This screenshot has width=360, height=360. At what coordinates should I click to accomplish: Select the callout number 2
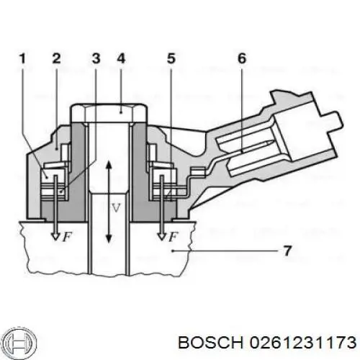[x=55, y=60]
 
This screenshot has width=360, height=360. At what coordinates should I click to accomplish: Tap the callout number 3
[x=96, y=60]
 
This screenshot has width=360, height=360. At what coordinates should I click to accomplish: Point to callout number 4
[x=120, y=60]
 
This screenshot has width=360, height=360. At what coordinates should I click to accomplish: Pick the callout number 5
[x=171, y=60]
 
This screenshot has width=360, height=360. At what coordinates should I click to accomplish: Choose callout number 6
[x=241, y=60]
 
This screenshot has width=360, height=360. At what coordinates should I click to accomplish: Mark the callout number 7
[x=287, y=251]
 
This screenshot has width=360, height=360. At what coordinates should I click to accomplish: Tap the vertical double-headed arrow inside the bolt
[x=107, y=202]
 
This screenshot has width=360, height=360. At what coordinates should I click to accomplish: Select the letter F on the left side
[x=66, y=237]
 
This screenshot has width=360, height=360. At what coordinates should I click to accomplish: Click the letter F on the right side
[x=176, y=237]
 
